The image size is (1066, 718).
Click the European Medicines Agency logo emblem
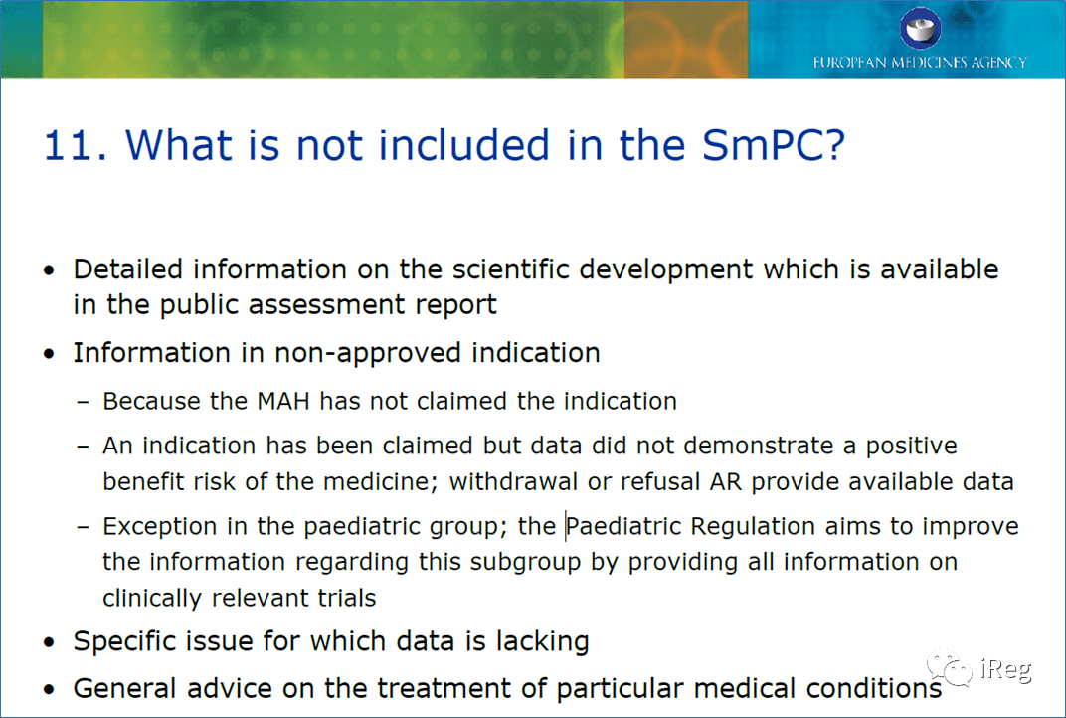(x=920, y=28)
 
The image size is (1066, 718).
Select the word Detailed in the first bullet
(x=128, y=269)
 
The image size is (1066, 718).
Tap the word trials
(x=345, y=598)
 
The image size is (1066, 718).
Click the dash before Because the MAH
(x=84, y=403)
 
